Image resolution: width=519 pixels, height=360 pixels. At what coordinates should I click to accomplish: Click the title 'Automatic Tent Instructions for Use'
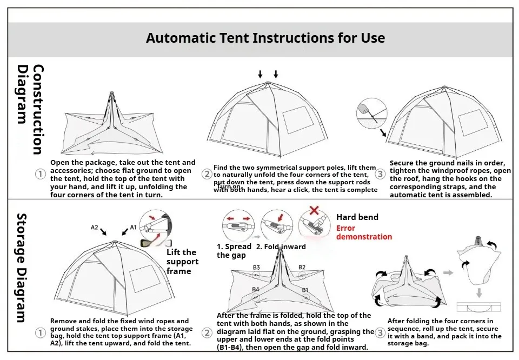[265, 38]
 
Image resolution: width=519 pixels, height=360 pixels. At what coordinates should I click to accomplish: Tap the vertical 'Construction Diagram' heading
[30, 109]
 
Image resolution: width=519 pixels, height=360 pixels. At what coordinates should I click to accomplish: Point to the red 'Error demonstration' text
[364, 232]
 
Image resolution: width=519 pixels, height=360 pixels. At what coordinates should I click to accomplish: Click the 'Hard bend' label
[357, 217]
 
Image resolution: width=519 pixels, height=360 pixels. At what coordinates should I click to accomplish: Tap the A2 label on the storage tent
[95, 228]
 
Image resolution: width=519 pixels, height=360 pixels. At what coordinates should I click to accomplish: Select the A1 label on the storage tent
[134, 228]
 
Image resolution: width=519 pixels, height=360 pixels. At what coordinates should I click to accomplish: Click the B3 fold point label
[256, 268]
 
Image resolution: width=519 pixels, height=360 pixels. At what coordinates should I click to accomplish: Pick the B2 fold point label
[302, 268]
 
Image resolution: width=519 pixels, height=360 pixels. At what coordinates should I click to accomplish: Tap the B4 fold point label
[256, 290]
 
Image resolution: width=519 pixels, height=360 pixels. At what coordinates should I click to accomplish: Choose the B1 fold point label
[305, 290]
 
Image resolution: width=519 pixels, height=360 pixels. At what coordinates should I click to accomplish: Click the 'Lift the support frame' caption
[182, 262]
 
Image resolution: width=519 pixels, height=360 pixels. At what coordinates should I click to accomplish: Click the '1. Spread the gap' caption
[234, 251]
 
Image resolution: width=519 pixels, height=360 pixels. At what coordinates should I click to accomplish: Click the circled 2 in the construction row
[207, 174]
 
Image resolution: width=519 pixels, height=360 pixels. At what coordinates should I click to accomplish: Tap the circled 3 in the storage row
[381, 332]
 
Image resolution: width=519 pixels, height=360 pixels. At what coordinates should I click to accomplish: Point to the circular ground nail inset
[372, 114]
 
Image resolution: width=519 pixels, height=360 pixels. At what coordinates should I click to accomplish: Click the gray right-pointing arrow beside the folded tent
[448, 273]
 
